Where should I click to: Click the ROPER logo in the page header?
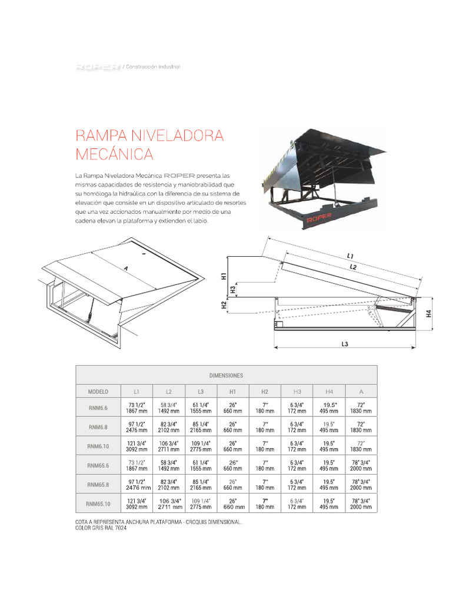(x=98, y=67)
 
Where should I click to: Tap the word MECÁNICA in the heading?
(x=114, y=155)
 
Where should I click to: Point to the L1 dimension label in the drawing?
(x=350, y=256)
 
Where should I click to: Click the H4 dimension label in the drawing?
(x=429, y=313)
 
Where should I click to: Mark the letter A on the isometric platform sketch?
(x=125, y=267)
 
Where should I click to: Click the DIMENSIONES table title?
(x=226, y=375)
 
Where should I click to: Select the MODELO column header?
(x=98, y=392)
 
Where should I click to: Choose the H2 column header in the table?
(x=265, y=392)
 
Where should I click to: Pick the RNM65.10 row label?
(x=98, y=503)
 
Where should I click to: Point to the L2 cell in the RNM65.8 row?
(x=168, y=485)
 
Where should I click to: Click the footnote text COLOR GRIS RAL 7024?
(x=101, y=528)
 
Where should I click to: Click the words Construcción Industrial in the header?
(x=152, y=67)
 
